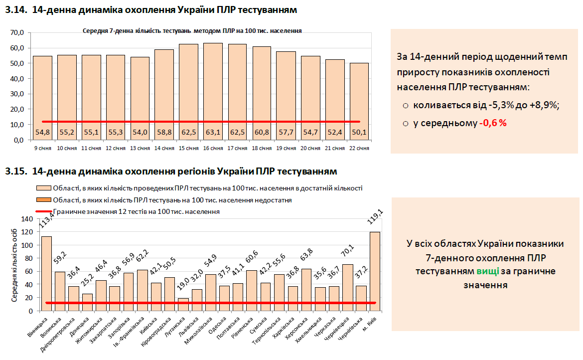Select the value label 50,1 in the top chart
359,132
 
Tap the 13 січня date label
140,148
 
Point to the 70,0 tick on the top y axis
16,33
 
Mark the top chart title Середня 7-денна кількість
192,30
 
